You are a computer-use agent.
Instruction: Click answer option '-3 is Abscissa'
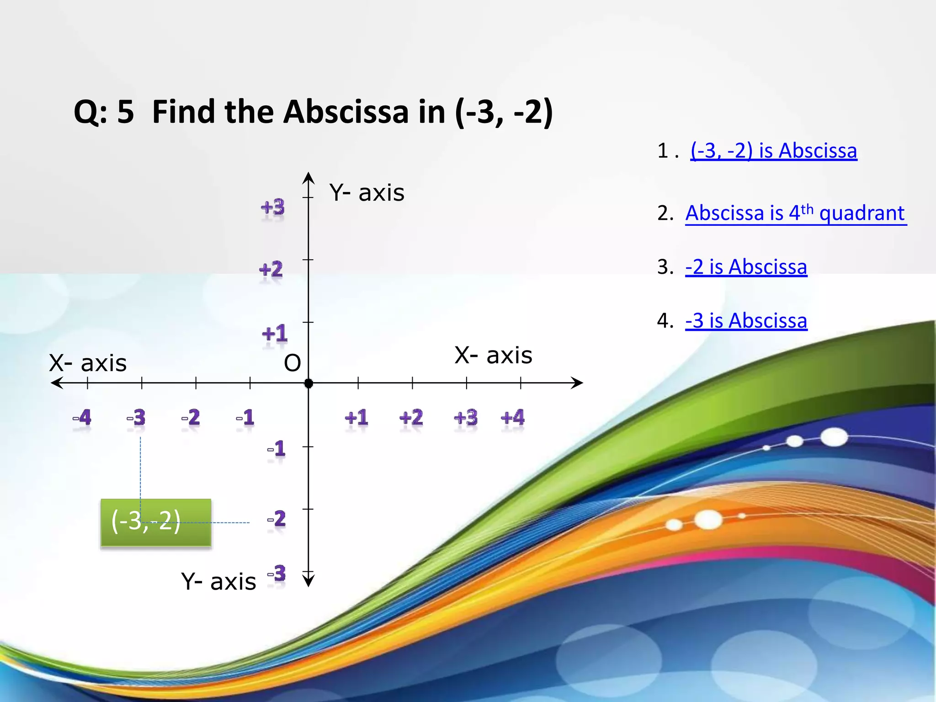pyautogui.click(x=746, y=321)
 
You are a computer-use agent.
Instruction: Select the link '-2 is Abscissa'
pyautogui.click(x=746, y=267)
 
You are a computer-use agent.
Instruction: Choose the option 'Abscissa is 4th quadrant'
pyautogui.click(x=795, y=213)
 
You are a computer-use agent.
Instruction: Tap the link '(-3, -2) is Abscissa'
pyautogui.click(x=773, y=151)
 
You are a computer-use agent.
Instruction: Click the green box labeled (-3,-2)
pyautogui.click(x=156, y=522)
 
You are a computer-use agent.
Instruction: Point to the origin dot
pyautogui.click(x=308, y=383)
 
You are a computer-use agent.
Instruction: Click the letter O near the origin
pyautogui.click(x=292, y=363)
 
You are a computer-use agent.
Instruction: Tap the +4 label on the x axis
pyautogui.click(x=512, y=418)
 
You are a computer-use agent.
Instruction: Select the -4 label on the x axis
pyautogui.click(x=82, y=418)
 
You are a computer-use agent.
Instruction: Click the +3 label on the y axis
pyautogui.click(x=273, y=208)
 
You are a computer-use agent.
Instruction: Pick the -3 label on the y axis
pyautogui.click(x=277, y=574)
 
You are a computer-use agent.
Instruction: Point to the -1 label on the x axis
pyautogui.click(x=245, y=418)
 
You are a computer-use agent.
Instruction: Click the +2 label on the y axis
pyautogui.click(x=271, y=270)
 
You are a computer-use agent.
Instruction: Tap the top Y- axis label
pyautogui.click(x=367, y=193)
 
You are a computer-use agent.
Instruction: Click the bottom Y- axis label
pyautogui.click(x=218, y=582)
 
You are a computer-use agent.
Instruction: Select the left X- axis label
pyautogui.click(x=88, y=363)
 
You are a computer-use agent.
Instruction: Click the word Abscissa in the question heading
pyautogui.click(x=346, y=112)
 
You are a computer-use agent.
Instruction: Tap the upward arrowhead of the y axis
pyautogui.click(x=308, y=177)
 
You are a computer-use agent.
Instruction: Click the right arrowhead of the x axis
pyautogui.click(x=578, y=383)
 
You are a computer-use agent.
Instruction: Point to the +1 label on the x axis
pyautogui.click(x=356, y=418)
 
